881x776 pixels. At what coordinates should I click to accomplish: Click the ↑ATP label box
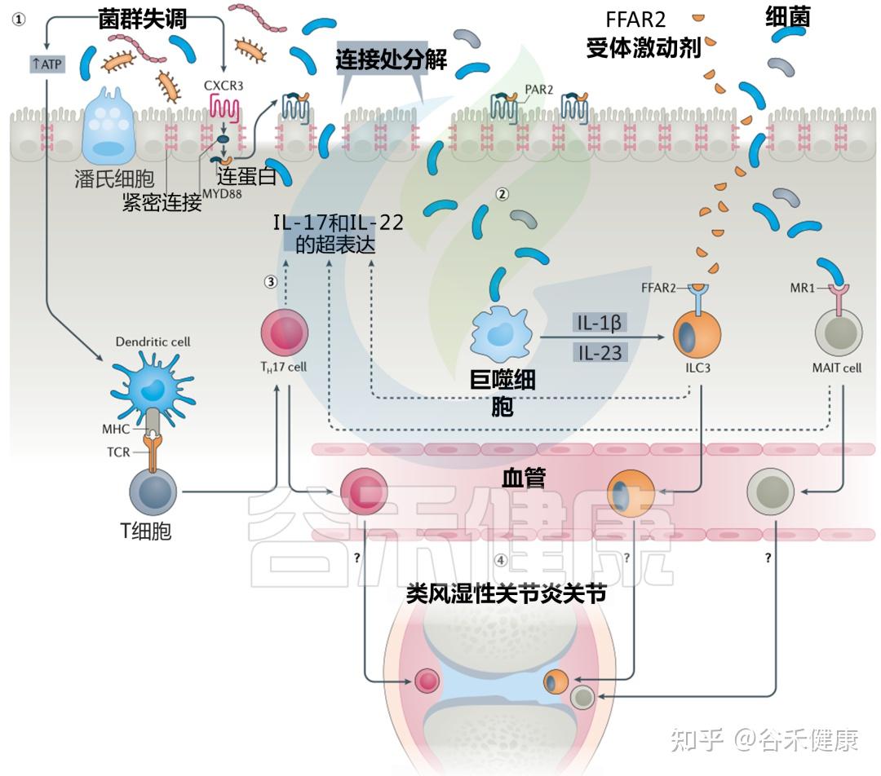[46, 64]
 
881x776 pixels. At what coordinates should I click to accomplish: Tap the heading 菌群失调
[143, 19]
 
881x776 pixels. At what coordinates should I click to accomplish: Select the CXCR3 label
[222, 84]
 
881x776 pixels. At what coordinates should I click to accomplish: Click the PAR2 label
[538, 90]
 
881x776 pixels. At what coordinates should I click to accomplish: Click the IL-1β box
[600, 324]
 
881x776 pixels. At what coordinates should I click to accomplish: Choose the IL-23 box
[600, 352]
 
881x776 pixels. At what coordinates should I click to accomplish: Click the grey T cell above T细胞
[153, 492]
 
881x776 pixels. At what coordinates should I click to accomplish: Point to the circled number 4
[500, 561]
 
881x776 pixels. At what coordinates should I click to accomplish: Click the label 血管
[523, 478]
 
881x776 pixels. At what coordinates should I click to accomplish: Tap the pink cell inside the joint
[426, 680]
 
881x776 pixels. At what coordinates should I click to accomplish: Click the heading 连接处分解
[391, 59]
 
